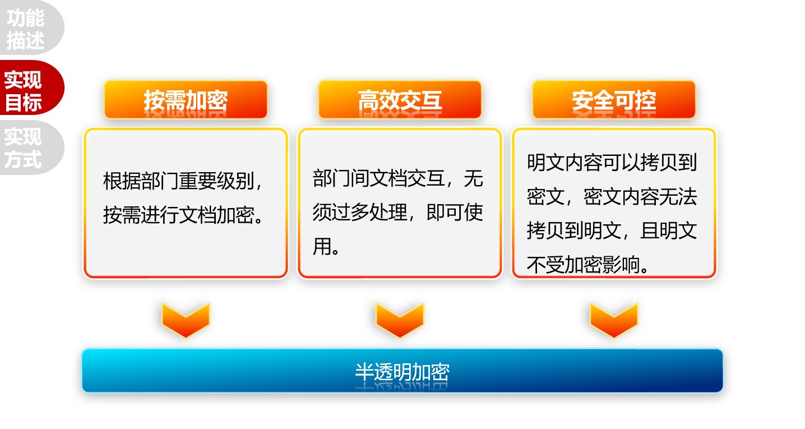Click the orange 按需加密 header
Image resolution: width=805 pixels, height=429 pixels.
click(x=186, y=100)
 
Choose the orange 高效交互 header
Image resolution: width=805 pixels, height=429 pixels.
click(x=400, y=100)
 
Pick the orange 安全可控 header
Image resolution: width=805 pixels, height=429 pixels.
click(x=614, y=100)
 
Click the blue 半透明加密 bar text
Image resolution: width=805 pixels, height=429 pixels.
click(x=402, y=372)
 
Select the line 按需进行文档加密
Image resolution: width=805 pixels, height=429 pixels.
click(x=184, y=215)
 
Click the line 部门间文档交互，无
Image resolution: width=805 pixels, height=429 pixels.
click(x=398, y=178)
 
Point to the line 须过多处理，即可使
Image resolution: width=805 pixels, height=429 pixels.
click(x=398, y=212)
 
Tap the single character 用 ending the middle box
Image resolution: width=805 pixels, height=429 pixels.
click(x=322, y=246)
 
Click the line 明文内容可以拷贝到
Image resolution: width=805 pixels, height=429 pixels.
click(x=612, y=163)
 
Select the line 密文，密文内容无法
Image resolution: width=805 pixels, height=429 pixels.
click(x=612, y=197)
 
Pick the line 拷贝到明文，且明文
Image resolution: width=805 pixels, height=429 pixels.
click(x=612, y=230)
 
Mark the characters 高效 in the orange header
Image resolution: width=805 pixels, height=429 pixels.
click(x=379, y=100)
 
